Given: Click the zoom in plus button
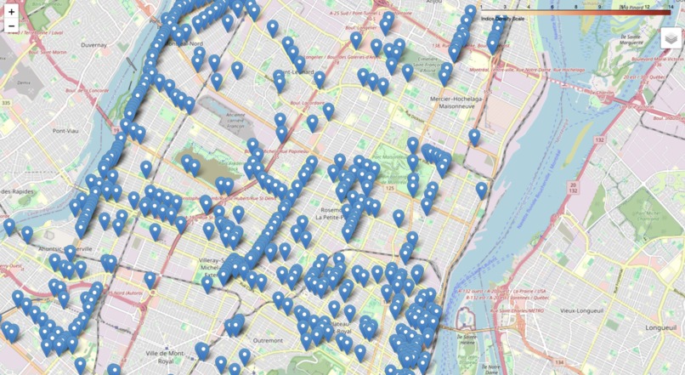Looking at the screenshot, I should [11, 11].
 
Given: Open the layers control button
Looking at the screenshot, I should [671, 39].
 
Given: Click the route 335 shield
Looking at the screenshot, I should [7, 102].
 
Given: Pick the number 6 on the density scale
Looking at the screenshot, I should [552, 7].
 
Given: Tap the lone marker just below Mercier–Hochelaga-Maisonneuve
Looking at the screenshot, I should [474, 136].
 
